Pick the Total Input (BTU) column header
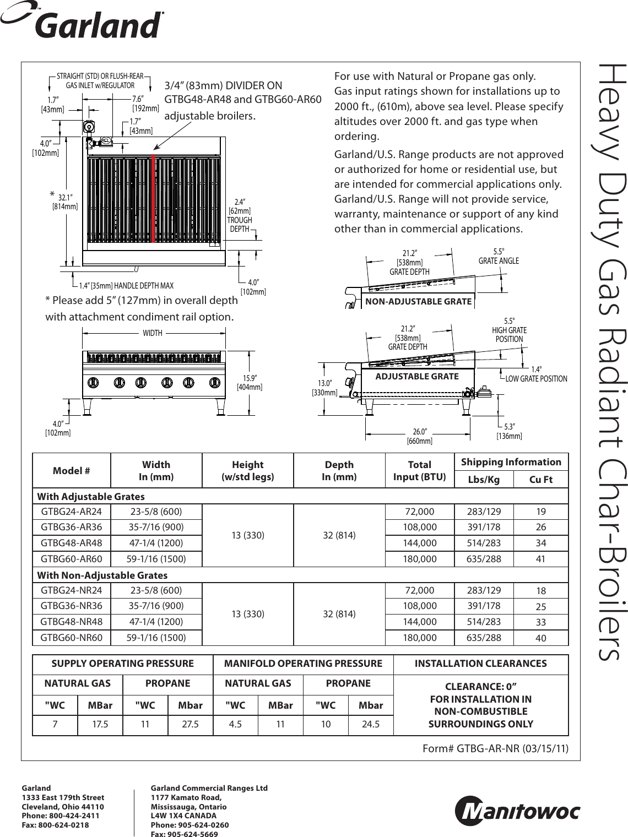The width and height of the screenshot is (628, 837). click(x=420, y=470)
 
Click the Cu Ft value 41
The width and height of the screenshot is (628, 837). click(x=540, y=559)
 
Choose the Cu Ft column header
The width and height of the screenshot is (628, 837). click(x=540, y=480)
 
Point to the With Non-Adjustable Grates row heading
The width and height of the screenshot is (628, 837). click(x=102, y=575)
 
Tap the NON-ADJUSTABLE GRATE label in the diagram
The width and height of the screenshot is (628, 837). click(x=419, y=301)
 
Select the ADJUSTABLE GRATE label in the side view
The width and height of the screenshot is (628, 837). click(x=416, y=376)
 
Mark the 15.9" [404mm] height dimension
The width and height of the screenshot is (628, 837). click(x=250, y=382)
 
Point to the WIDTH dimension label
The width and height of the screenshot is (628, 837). click(x=153, y=333)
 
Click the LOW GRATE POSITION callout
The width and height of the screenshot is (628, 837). click(x=536, y=378)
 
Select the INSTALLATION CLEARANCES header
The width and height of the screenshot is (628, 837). click(x=480, y=664)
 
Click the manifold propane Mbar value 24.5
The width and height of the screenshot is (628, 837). click(x=371, y=724)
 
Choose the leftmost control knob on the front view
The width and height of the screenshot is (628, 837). click(x=94, y=382)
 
